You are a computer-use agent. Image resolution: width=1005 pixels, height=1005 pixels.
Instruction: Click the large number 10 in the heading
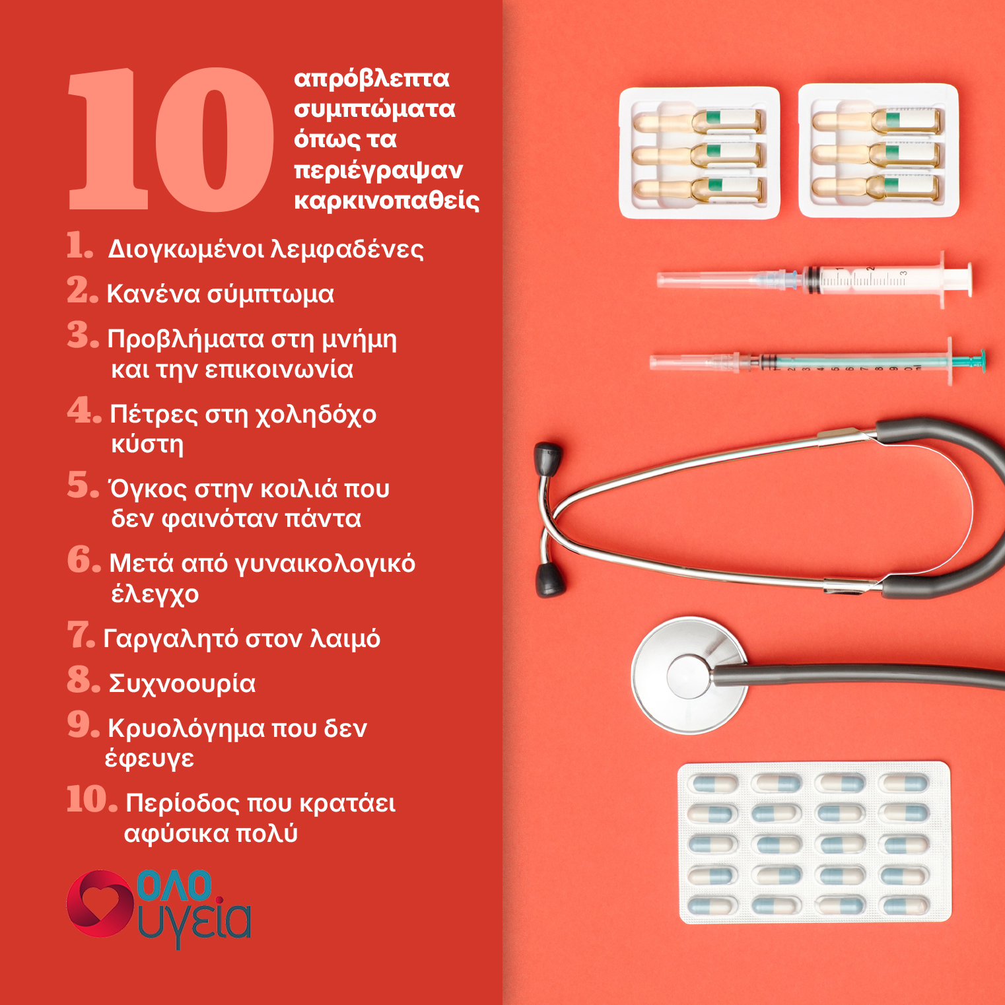170,139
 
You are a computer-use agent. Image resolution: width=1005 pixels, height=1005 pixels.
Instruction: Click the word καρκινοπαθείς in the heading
387,200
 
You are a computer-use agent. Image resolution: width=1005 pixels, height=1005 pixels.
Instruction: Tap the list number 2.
83,291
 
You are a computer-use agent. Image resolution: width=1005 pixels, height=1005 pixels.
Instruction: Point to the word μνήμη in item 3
359,339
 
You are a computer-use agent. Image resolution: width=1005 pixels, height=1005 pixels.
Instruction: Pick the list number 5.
83,485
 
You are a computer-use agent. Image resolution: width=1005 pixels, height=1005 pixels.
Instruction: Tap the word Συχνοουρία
182,683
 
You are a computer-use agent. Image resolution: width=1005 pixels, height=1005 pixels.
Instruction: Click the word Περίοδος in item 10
182,804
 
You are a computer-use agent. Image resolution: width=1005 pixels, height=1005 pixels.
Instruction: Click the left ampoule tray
699,153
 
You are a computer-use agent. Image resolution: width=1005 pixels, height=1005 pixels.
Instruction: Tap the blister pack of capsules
815,843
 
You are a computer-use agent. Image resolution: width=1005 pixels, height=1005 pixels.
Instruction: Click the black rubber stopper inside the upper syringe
811,279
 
